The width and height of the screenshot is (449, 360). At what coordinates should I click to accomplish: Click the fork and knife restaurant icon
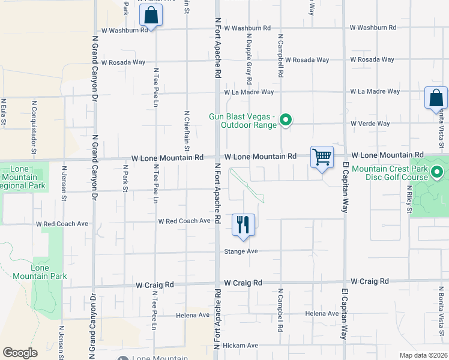pos(243,225)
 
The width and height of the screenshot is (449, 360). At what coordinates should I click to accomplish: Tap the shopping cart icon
pos(322,157)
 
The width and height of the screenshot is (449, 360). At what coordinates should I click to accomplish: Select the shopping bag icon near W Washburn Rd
pos(151,16)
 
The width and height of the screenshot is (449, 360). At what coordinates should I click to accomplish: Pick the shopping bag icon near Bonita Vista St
pos(436,98)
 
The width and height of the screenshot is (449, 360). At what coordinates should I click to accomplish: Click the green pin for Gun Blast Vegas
pos(286,121)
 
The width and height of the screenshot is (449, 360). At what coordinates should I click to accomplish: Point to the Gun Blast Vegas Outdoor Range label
pos(243,121)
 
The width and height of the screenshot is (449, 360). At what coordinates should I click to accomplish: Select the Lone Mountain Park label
pos(48,272)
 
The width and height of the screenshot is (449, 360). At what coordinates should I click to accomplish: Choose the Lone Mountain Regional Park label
pos(20,178)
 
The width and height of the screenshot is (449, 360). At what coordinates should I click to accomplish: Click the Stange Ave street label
pos(241,251)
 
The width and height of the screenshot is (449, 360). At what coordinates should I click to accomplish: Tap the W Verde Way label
pos(370,124)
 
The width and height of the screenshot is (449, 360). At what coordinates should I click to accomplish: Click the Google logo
pos(20,352)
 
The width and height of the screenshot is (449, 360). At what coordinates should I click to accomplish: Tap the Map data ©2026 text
pos(423,355)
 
